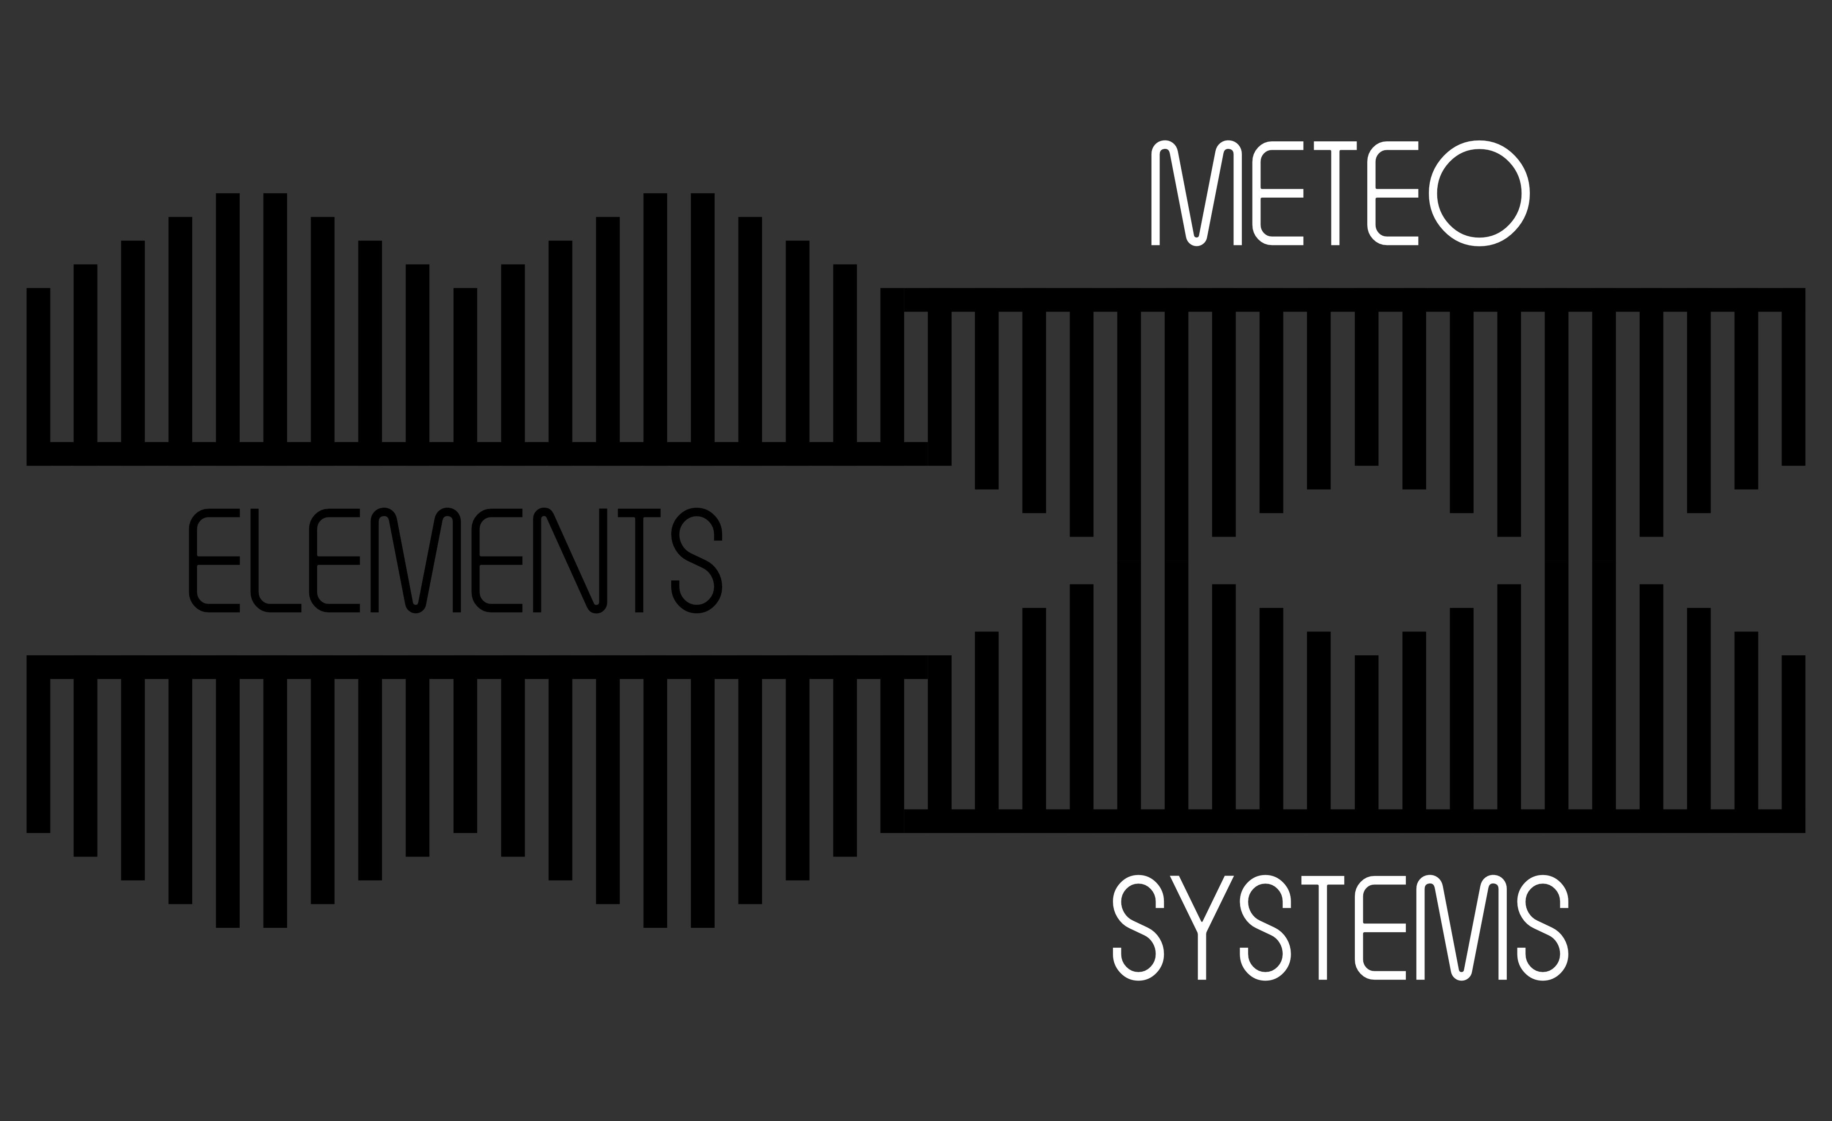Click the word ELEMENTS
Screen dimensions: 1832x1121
(x=456, y=560)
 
